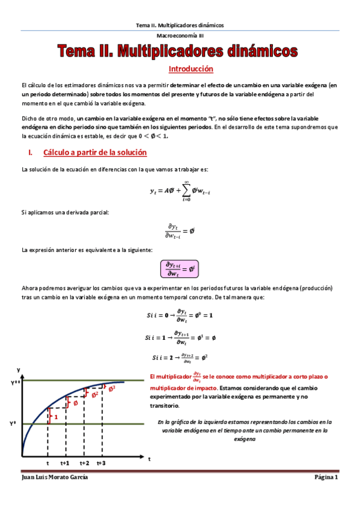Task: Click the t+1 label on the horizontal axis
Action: tap(66, 462)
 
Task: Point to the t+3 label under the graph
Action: tap(101, 462)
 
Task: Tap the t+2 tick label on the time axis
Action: tap(84, 462)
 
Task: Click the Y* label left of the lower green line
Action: tap(13, 424)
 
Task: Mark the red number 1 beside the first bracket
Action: tap(56, 417)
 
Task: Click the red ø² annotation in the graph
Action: tap(94, 395)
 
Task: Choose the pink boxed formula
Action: tap(180, 268)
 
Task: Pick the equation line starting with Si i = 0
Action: tap(180, 315)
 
